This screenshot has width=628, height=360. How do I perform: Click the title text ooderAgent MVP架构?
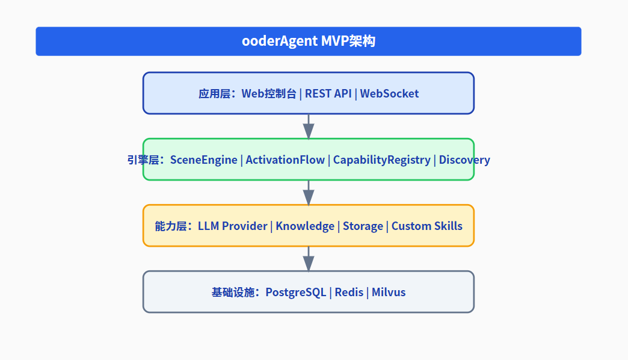click(x=308, y=42)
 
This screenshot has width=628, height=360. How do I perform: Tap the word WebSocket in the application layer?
click(x=389, y=93)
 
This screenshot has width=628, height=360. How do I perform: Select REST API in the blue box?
click(x=328, y=93)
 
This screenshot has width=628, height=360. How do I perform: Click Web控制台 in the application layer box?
click(x=269, y=93)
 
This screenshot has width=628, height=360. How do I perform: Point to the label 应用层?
click(x=214, y=93)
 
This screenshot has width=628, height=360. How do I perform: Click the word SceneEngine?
click(x=203, y=160)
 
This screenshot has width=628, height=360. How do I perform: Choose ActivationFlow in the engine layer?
click(x=285, y=160)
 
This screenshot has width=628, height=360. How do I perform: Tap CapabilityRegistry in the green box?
click(x=381, y=160)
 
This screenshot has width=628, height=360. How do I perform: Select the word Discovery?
click(x=464, y=160)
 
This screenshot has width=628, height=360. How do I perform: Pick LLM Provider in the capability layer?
click(x=232, y=226)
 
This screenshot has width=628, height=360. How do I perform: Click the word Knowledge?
click(x=305, y=226)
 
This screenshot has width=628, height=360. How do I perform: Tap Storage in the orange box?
click(x=363, y=226)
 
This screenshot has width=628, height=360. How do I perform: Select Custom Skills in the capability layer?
click(x=427, y=226)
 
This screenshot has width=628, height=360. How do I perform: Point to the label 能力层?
click(x=170, y=226)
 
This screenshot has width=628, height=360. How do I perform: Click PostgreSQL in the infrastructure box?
click(x=296, y=292)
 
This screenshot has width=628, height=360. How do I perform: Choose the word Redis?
click(x=349, y=292)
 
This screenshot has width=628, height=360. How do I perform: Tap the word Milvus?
click(x=389, y=292)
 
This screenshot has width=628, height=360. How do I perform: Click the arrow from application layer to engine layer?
click(x=309, y=126)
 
